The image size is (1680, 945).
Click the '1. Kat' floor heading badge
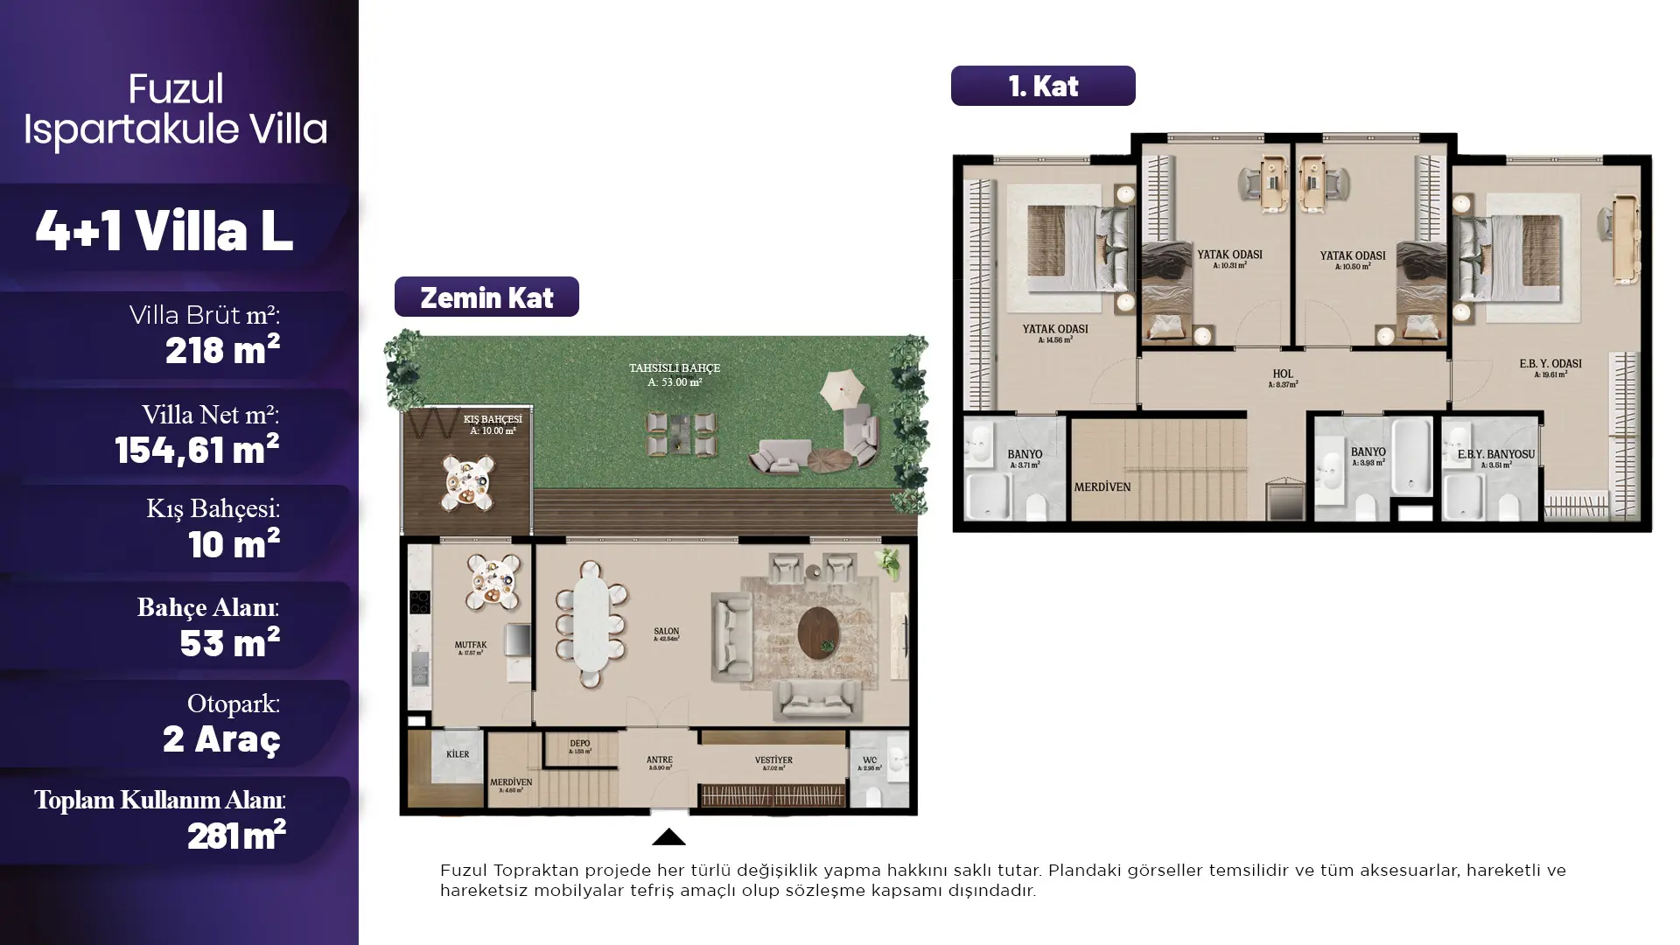point(1042,86)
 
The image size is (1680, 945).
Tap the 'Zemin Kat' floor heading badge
point(486,297)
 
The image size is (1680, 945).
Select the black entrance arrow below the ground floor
point(668,837)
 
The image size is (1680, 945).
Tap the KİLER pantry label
point(458,754)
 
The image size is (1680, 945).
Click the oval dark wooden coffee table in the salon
point(818,633)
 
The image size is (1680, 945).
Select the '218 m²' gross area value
point(222,350)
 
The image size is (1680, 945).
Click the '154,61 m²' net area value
point(197,449)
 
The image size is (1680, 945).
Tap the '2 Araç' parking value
point(221,738)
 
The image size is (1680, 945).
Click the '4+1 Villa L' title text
point(164,230)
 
